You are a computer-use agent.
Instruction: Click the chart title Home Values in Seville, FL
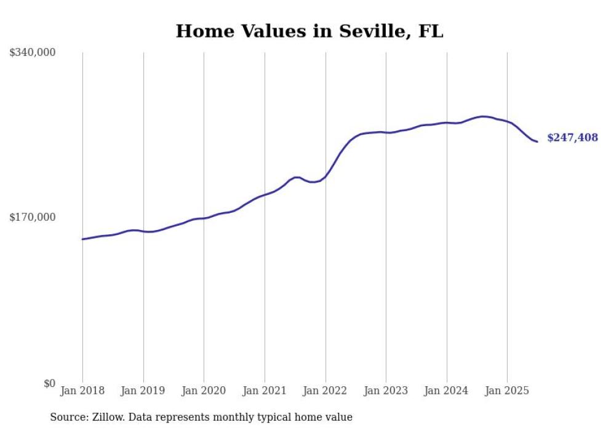(x=309, y=31)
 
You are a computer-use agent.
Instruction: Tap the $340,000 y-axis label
(x=33, y=53)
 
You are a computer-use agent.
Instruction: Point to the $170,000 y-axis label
(x=33, y=217)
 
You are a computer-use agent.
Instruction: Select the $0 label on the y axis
(x=49, y=383)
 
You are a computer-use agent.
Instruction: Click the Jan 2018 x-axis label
(x=82, y=391)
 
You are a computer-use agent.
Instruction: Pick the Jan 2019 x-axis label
(x=143, y=391)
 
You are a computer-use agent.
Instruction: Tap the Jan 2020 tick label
(x=204, y=391)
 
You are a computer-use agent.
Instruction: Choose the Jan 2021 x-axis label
(x=265, y=391)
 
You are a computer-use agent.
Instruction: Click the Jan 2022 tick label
(x=325, y=391)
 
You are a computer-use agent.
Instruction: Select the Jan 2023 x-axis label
(x=386, y=391)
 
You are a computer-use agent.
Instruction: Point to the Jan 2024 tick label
(x=447, y=391)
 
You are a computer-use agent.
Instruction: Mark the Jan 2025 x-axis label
(x=507, y=391)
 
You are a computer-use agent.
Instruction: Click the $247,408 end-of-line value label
(x=572, y=138)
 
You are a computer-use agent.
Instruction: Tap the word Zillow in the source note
(x=106, y=418)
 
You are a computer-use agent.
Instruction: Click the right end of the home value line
(x=537, y=142)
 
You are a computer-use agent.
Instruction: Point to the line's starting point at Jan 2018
(x=82, y=239)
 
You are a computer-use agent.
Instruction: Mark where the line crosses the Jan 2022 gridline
(x=325, y=177)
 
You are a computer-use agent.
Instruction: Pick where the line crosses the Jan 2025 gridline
(x=507, y=122)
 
